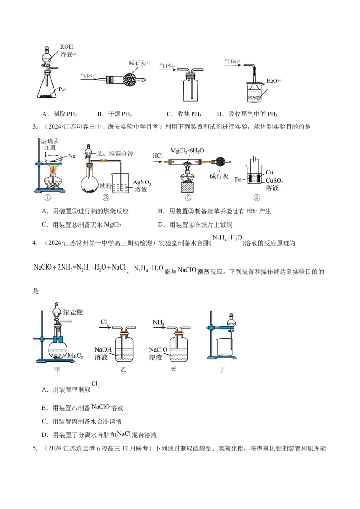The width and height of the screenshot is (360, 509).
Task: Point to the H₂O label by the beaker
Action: pyautogui.click(x=272, y=81)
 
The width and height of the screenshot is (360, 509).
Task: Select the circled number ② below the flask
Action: pyautogui.click(x=106, y=197)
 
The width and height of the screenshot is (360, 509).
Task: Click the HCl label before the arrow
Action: pyautogui.click(x=157, y=156)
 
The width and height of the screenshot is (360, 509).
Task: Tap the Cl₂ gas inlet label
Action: pyautogui.click(x=105, y=322)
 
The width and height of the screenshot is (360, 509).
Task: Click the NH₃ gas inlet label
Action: pyautogui.click(x=158, y=322)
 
